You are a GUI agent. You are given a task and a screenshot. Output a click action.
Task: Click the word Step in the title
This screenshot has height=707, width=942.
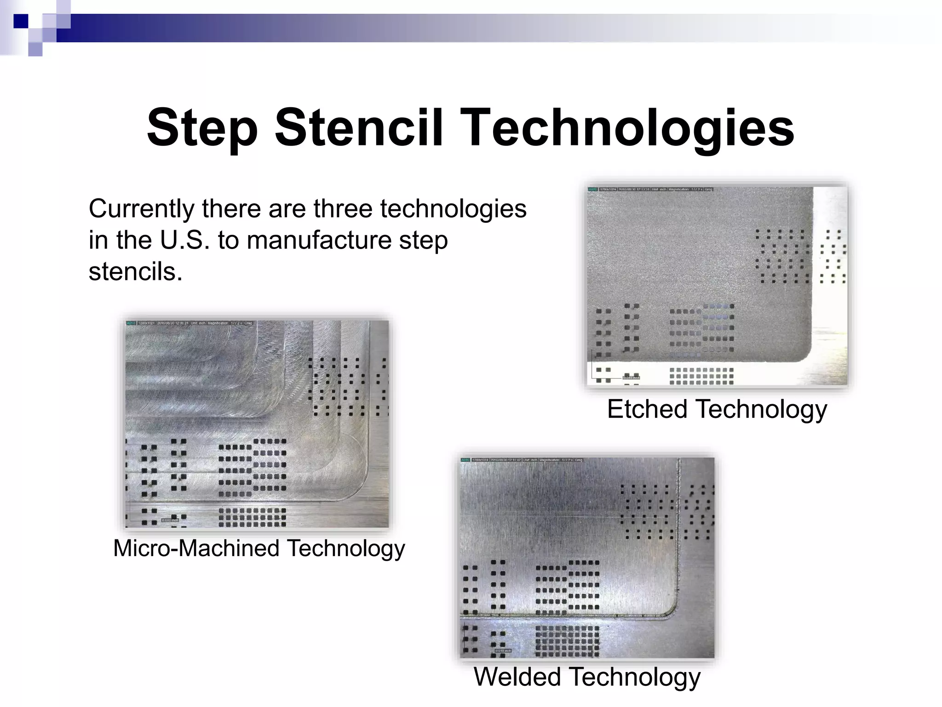(202, 127)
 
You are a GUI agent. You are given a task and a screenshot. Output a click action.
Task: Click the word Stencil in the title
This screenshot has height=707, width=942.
(359, 127)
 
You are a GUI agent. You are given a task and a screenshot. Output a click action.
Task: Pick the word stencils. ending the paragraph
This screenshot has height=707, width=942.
(135, 271)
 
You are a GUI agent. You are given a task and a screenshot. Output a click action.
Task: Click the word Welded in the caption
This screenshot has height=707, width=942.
(517, 677)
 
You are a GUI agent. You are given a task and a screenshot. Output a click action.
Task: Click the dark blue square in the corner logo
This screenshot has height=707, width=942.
(21, 21)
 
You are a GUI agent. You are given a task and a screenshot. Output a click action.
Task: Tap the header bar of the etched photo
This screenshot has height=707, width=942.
(650, 189)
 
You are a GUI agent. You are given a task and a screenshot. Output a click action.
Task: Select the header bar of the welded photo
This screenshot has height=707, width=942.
(522, 460)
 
